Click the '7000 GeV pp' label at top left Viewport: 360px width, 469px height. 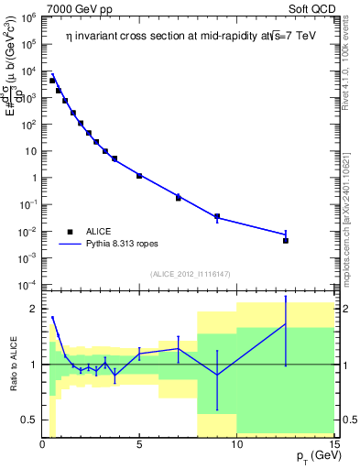pos(78,8)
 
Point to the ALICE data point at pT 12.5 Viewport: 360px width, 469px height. pos(286,241)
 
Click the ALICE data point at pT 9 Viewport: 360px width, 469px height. pos(217,217)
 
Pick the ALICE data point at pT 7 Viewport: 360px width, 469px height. pos(179,198)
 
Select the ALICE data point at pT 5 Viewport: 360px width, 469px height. pos(139,175)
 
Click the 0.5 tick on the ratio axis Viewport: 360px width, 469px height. pos(30,420)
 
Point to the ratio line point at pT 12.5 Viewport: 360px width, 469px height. pos(286,324)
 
